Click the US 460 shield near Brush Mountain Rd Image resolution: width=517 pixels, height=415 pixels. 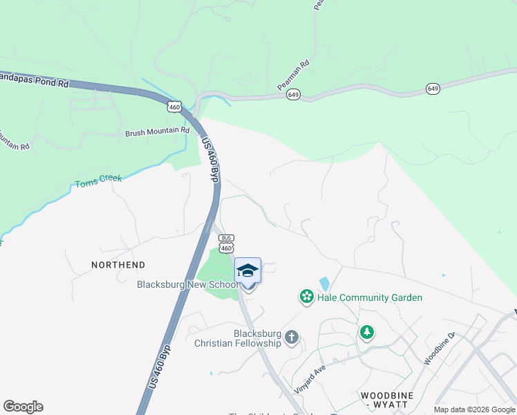174,107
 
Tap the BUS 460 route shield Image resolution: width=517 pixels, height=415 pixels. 226,243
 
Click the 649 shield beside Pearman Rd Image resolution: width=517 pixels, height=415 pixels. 294,95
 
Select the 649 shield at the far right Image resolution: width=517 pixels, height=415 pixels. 433,89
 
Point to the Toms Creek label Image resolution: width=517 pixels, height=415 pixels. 98,182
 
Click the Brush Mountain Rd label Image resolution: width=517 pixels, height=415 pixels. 157,131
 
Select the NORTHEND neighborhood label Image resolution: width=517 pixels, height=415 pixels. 118,265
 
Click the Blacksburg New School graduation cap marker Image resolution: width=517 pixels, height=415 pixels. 247,270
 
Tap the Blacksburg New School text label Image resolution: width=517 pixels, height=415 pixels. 188,284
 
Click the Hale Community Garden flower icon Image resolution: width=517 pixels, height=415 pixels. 306,297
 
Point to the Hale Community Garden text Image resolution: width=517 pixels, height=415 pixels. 370,298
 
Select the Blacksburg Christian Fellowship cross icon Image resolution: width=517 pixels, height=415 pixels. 292,338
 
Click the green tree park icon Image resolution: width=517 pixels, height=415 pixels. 366,333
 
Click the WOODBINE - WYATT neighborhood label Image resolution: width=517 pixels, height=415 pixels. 387,400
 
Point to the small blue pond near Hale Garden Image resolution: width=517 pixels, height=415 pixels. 324,284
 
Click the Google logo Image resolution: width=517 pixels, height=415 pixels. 23,407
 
